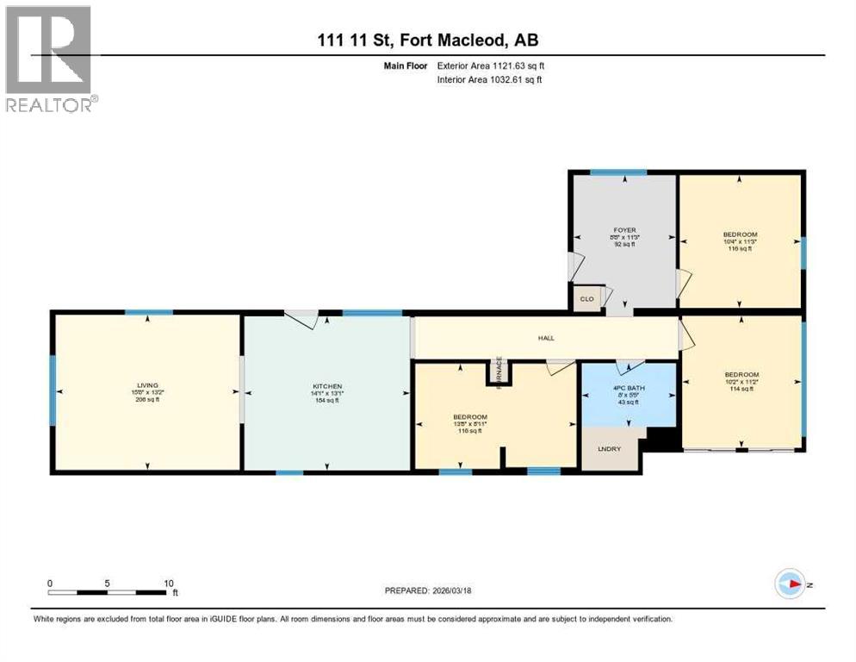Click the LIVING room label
click(147, 385)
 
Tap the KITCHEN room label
click(327, 386)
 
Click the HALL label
click(546, 339)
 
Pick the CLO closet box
click(588, 299)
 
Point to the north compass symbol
click(790, 584)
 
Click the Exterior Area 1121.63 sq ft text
click(490, 65)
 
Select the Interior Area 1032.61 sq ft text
click(490, 79)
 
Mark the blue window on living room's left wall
click(53, 390)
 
